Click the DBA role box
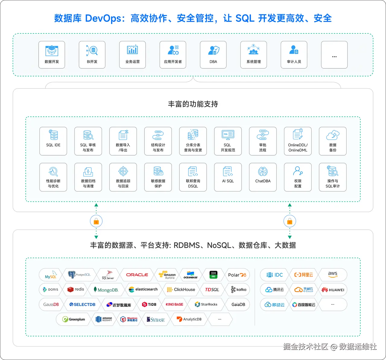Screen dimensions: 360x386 [213, 55]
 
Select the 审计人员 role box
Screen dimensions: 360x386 [294, 55]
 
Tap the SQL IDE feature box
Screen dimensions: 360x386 [53, 141]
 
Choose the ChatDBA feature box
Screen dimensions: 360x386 [263, 177]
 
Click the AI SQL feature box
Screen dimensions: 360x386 [228, 177]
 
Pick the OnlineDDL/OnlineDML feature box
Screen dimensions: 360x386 [298, 141]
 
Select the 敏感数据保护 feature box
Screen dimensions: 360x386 [158, 177]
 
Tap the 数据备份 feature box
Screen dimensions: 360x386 [333, 141]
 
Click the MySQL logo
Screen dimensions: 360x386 [50, 275]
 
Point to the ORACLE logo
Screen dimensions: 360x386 [137, 275]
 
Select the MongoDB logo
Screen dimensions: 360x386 [108, 290]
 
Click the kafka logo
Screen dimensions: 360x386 [239, 290]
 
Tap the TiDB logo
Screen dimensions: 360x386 [149, 305]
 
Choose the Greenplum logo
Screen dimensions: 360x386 [74, 319]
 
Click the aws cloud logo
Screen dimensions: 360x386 [333, 275]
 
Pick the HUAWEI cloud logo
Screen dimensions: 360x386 [333, 290]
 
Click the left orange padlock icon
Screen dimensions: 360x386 [96, 222]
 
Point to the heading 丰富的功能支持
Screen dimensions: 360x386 [193, 104]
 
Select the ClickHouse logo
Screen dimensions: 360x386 [181, 290]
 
